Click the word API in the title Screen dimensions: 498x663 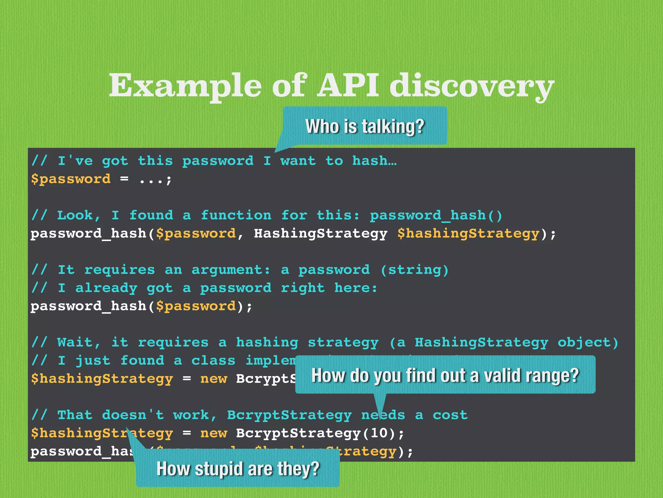(348, 85)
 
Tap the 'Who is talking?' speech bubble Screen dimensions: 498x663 (365, 126)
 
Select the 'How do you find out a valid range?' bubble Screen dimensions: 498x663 (445, 375)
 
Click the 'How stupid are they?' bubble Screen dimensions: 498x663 (238, 468)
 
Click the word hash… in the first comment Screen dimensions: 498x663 (374, 161)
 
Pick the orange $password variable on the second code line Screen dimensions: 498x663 (71, 179)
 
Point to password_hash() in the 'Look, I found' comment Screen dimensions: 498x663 (436, 215)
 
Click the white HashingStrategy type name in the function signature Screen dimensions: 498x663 (320, 233)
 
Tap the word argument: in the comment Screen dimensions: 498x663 (231, 270)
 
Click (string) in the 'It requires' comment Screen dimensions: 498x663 (415, 270)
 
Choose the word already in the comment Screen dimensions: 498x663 (106, 288)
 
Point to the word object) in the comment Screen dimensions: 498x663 (588, 342)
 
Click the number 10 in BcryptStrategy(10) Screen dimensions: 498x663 (379, 433)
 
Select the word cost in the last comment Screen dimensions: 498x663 (450, 415)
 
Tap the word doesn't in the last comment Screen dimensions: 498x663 (133, 415)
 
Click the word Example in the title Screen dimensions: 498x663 (185, 86)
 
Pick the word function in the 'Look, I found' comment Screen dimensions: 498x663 (236, 215)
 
